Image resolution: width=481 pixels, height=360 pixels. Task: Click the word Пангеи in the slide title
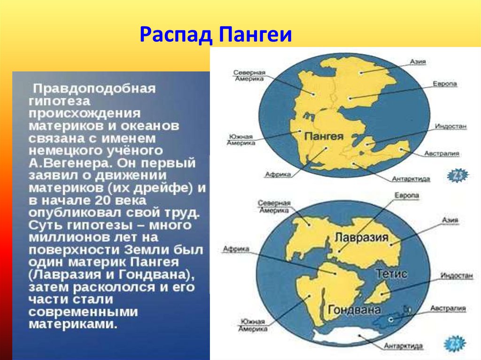pyautogui.click(x=255, y=35)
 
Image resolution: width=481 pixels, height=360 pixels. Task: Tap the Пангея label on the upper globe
pyautogui.click(x=324, y=136)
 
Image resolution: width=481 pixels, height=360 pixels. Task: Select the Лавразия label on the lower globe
pyautogui.click(x=361, y=237)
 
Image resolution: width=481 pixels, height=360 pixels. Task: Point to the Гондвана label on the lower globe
pyautogui.click(x=354, y=310)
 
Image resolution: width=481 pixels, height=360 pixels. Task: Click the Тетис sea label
pyautogui.click(x=391, y=273)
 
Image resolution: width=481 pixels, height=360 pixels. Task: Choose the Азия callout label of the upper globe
pyautogui.click(x=418, y=61)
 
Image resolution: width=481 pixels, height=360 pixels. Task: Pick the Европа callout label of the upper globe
pyautogui.click(x=445, y=84)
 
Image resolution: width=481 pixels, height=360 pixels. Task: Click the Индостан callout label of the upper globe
pyautogui.click(x=450, y=126)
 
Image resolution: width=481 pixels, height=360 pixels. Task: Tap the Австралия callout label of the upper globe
pyautogui.click(x=442, y=153)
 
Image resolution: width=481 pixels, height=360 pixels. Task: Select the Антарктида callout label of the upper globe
pyautogui.click(x=411, y=179)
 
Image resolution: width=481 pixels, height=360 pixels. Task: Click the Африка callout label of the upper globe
pyautogui.click(x=278, y=175)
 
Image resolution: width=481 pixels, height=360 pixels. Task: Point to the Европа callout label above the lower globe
pyautogui.click(x=407, y=195)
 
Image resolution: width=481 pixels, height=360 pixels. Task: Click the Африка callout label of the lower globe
pyautogui.click(x=236, y=249)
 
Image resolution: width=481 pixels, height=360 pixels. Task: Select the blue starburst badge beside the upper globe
pyautogui.click(x=458, y=176)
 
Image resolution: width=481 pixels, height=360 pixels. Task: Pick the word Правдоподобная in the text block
pyautogui.click(x=94, y=89)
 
